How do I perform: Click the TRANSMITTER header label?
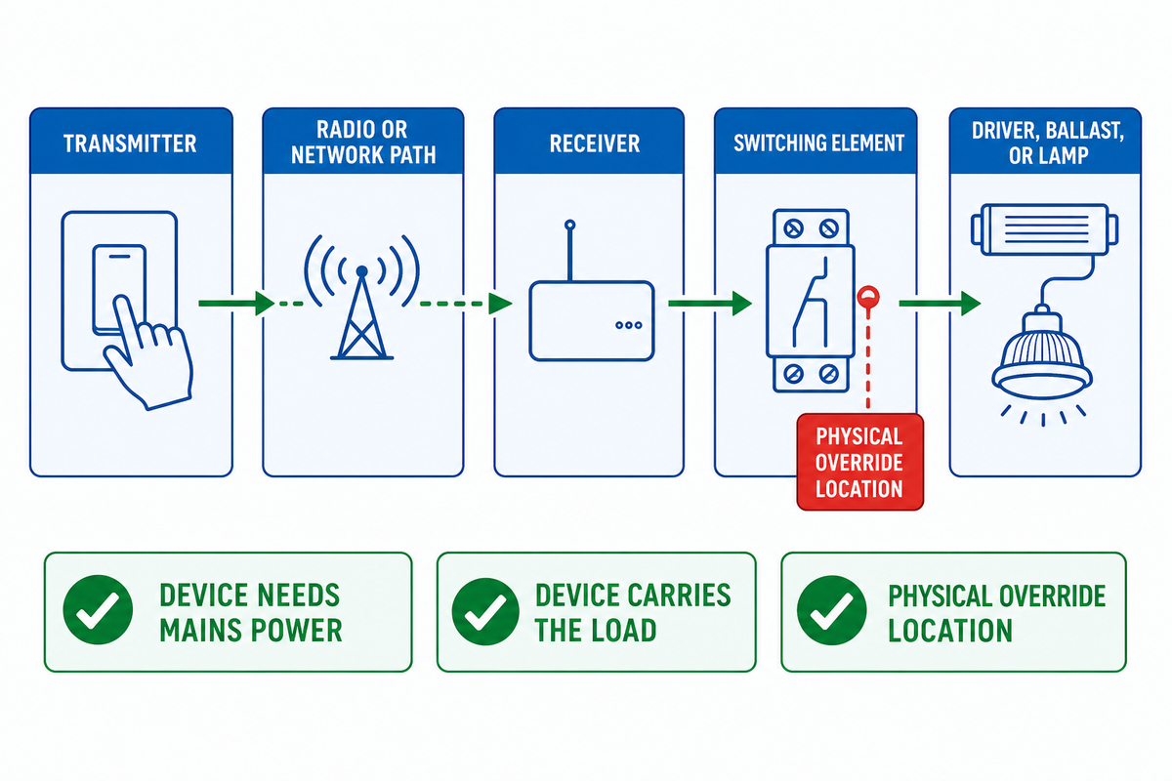tap(130, 144)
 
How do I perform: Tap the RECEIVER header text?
tap(595, 144)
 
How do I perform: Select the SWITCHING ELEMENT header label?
tap(818, 143)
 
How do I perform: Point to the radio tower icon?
tap(361, 297)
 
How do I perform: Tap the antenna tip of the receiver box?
tap(569, 226)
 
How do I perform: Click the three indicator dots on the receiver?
tap(629, 325)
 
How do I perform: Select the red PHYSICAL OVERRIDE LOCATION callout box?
tap(860, 462)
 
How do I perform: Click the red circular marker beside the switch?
tap(868, 297)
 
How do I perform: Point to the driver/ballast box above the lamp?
tap(1044, 229)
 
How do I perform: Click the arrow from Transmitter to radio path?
tap(236, 304)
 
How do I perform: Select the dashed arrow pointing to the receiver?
tap(466, 304)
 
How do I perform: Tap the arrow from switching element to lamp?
tap(940, 304)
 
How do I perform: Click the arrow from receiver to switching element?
tap(710, 304)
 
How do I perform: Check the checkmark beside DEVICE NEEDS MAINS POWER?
tap(98, 609)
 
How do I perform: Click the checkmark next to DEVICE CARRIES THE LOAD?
tap(485, 611)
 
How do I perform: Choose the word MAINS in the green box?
tap(201, 631)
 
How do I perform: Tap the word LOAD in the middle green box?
tap(625, 631)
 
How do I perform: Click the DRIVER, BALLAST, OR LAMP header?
tap(1048, 143)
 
